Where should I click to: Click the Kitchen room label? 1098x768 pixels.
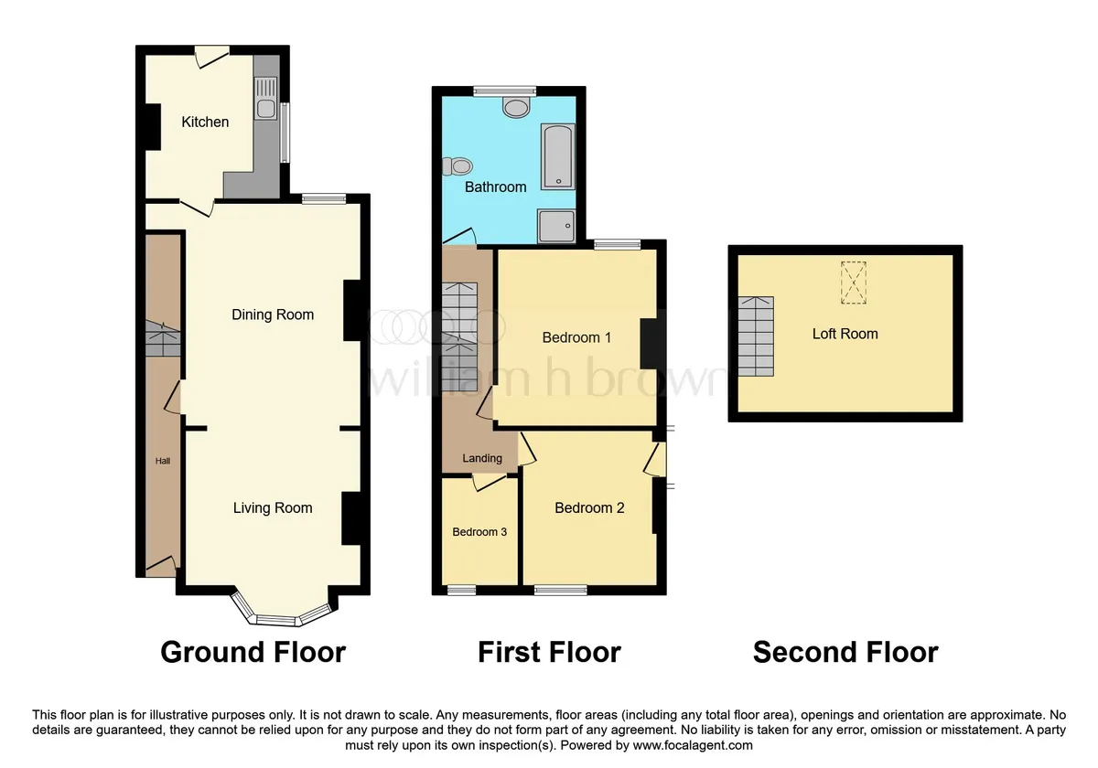pyautogui.click(x=205, y=122)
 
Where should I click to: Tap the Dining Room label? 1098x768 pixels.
pyautogui.click(x=273, y=315)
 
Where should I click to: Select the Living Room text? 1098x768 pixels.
pyautogui.click(x=273, y=508)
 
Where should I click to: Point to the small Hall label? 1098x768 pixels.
pyautogui.click(x=163, y=461)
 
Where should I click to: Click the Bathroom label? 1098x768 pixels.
pyautogui.click(x=496, y=187)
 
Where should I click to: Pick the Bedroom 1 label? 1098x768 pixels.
pyautogui.click(x=576, y=337)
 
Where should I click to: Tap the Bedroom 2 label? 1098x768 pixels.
pyautogui.click(x=589, y=508)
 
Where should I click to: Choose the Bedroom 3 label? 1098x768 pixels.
pyautogui.click(x=479, y=532)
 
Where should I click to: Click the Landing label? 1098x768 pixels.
pyautogui.click(x=482, y=458)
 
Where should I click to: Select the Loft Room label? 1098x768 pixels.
pyautogui.click(x=845, y=334)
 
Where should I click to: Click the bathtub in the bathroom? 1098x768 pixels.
pyautogui.click(x=558, y=156)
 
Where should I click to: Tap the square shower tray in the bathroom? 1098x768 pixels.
pyautogui.click(x=556, y=226)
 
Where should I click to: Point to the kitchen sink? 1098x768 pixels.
pyautogui.click(x=265, y=99)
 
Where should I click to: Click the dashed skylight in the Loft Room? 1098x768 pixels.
pyautogui.click(x=854, y=283)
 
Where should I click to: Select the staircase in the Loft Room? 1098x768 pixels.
pyautogui.click(x=757, y=336)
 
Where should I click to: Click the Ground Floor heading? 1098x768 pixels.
pyautogui.click(x=253, y=653)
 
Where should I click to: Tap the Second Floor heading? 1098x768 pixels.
pyautogui.click(x=845, y=653)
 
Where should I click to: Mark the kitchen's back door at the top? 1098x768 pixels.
pyautogui.click(x=212, y=57)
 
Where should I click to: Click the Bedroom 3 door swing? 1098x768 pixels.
pyautogui.click(x=490, y=482)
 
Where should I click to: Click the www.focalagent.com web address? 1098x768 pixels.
pyautogui.click(x=693, y=745)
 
